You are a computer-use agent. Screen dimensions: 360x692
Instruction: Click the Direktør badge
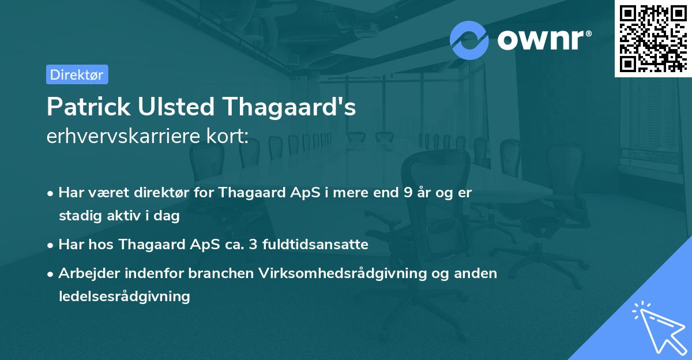(x=77, y=74)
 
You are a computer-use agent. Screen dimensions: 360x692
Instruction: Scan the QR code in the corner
(x=653, y=38)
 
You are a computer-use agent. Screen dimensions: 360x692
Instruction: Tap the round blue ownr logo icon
(x=469, y=40)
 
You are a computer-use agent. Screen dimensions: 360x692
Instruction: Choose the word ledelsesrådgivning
(x=124, y=297)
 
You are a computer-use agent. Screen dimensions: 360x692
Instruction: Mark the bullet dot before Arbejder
(x=51, y=274)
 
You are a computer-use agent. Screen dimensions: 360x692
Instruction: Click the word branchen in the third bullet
(x=220, y=273)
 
